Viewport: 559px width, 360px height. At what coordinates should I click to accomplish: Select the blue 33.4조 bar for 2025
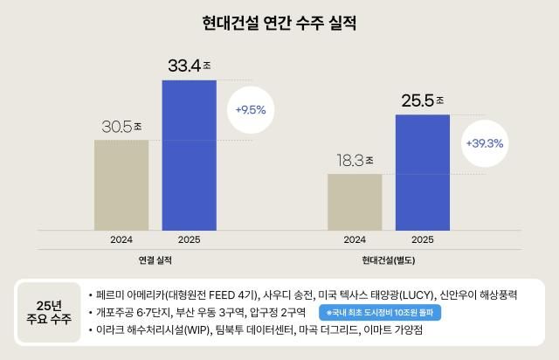[x=189, y=155]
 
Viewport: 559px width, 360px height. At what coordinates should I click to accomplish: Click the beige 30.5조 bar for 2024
[x=121, y=184]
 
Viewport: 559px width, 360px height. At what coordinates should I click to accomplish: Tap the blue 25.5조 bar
[x=422, y=171]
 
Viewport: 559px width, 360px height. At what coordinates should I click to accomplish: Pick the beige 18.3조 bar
[x=355, y=201]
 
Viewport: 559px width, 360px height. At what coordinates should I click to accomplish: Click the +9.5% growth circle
[x=250, y=110]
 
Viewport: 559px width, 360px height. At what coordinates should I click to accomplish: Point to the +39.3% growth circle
[x=484, y=142]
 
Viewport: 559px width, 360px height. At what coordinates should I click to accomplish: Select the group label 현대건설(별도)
[x=388, y=260]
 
